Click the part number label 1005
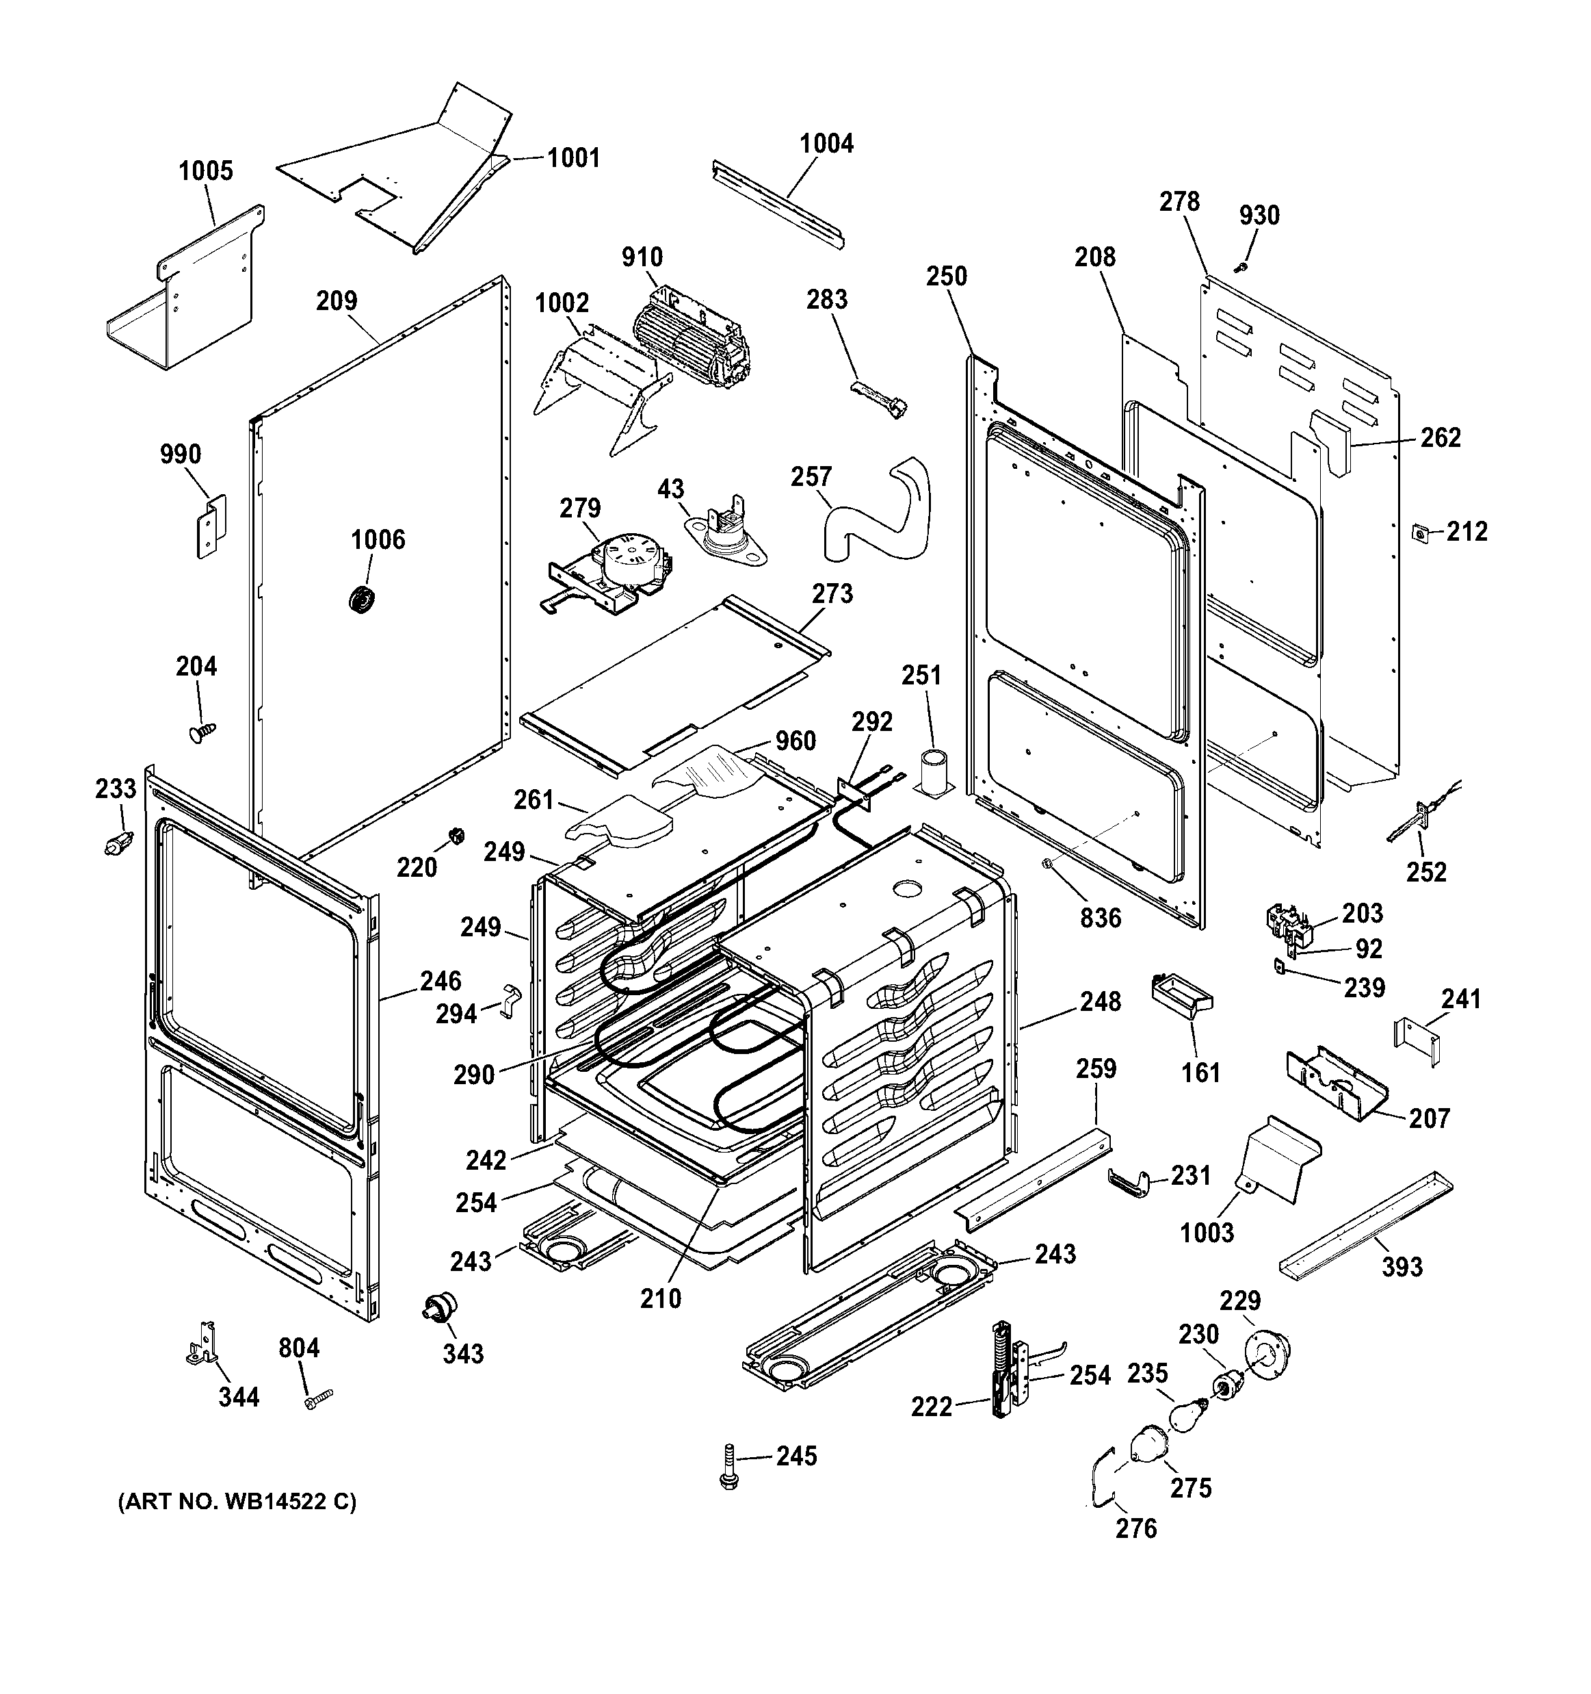click(x=205, y=171)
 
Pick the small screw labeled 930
click(x=1241, y=268)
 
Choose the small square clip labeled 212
click(x=1419, y=532)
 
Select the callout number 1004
click(x=826, y=143)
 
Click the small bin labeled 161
click(x=1181, y=995)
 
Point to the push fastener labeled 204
click(x=202, y=732)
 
